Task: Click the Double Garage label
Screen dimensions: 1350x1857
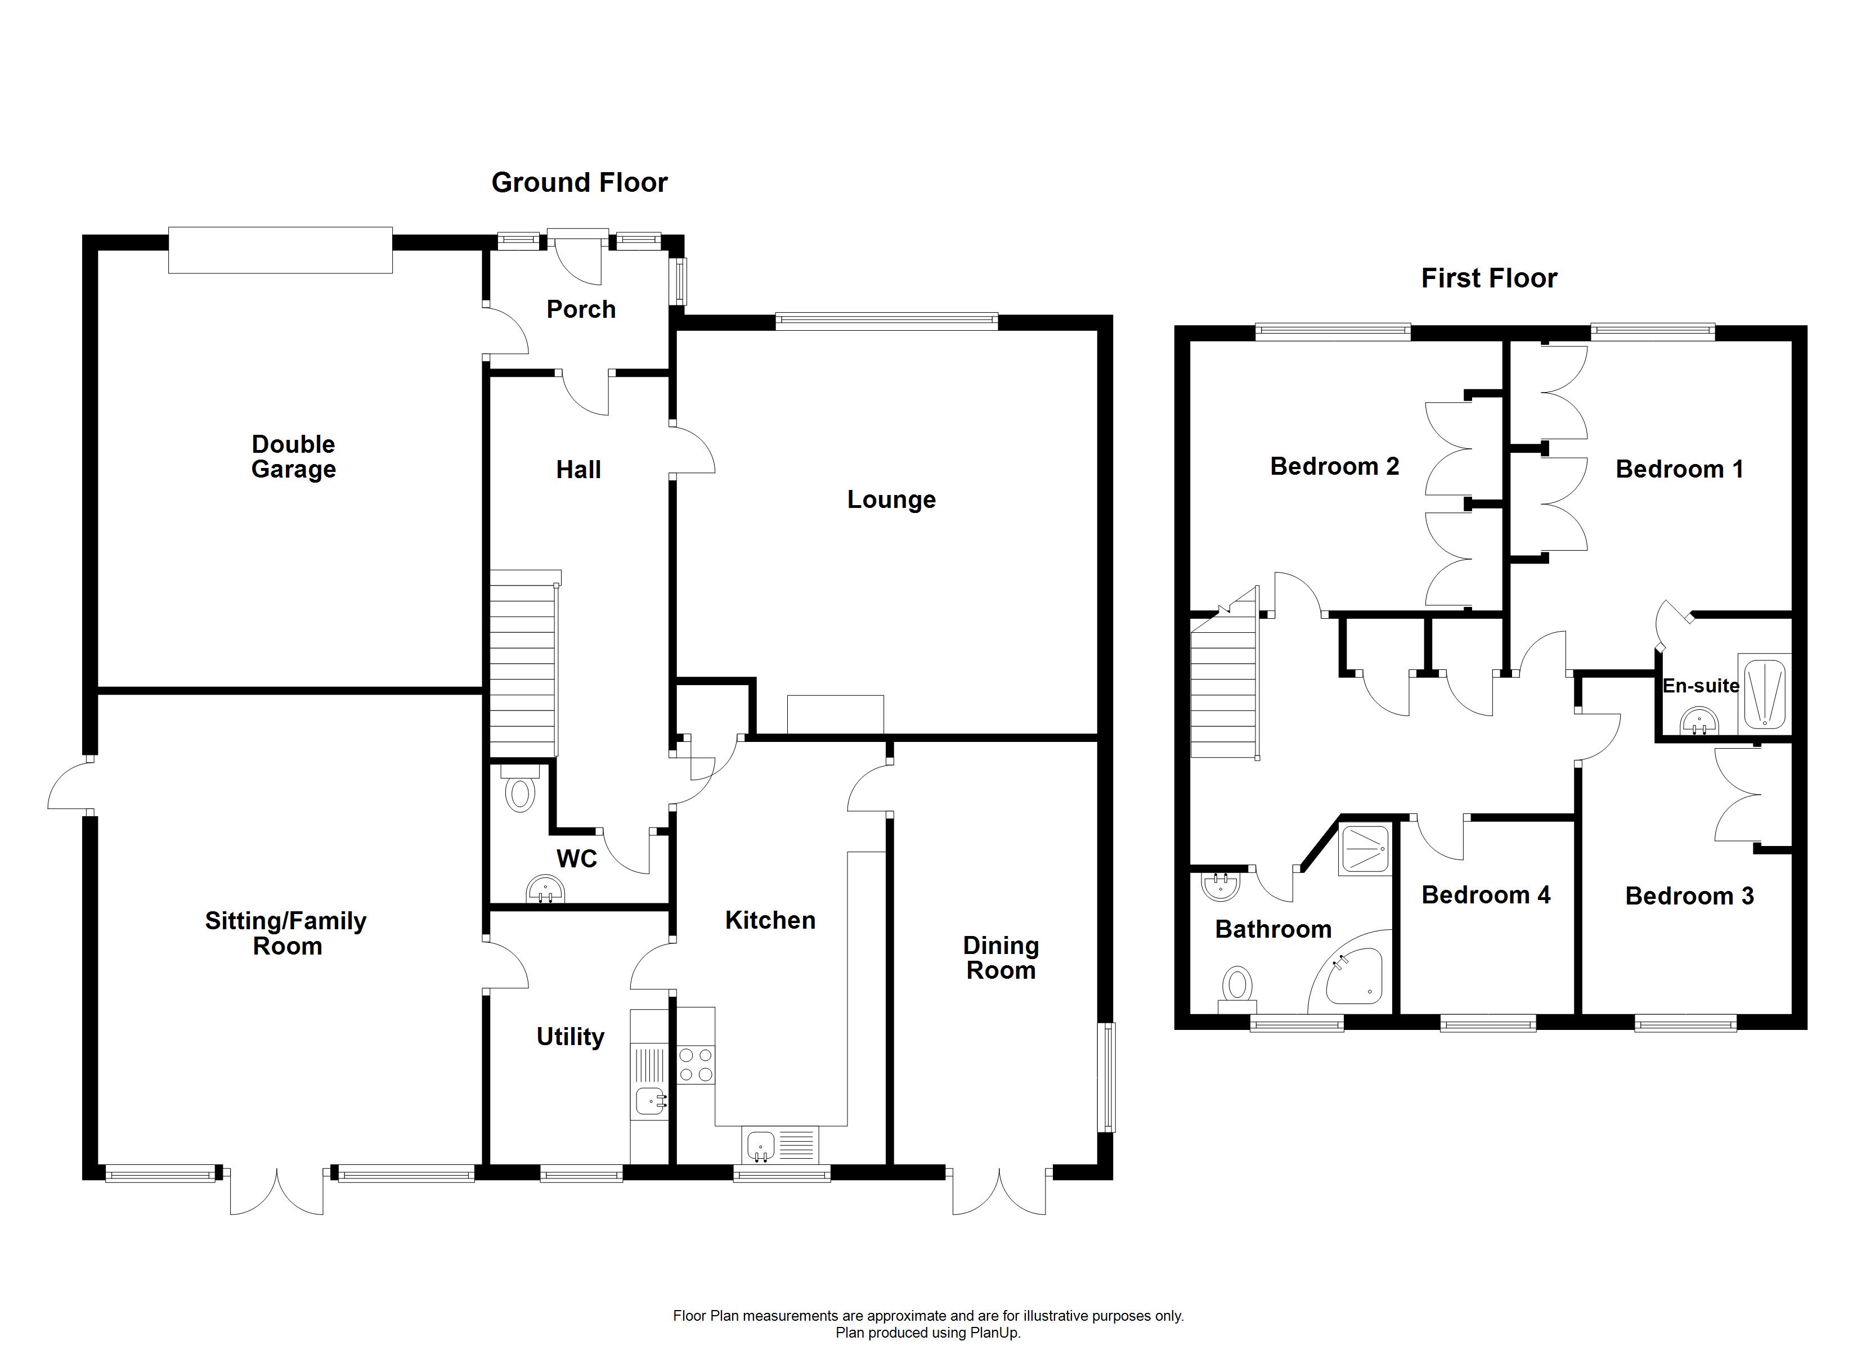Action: click(x=293, y=457)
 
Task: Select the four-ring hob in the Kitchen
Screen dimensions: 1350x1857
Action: click(x=696, y=1065)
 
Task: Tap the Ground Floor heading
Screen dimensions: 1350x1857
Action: click(x=579, y=183)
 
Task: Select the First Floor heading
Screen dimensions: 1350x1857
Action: click(x=1488, y=278)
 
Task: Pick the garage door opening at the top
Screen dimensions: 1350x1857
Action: click(x=280, y=250)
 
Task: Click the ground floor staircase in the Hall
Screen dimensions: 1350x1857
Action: click(x=522, y=663)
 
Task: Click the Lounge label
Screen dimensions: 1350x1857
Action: click(x=891, y=499)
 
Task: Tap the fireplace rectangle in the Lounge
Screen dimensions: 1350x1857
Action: click(x=835, y=714)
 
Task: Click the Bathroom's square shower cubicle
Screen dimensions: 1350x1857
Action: click(x=1365, y=849)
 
